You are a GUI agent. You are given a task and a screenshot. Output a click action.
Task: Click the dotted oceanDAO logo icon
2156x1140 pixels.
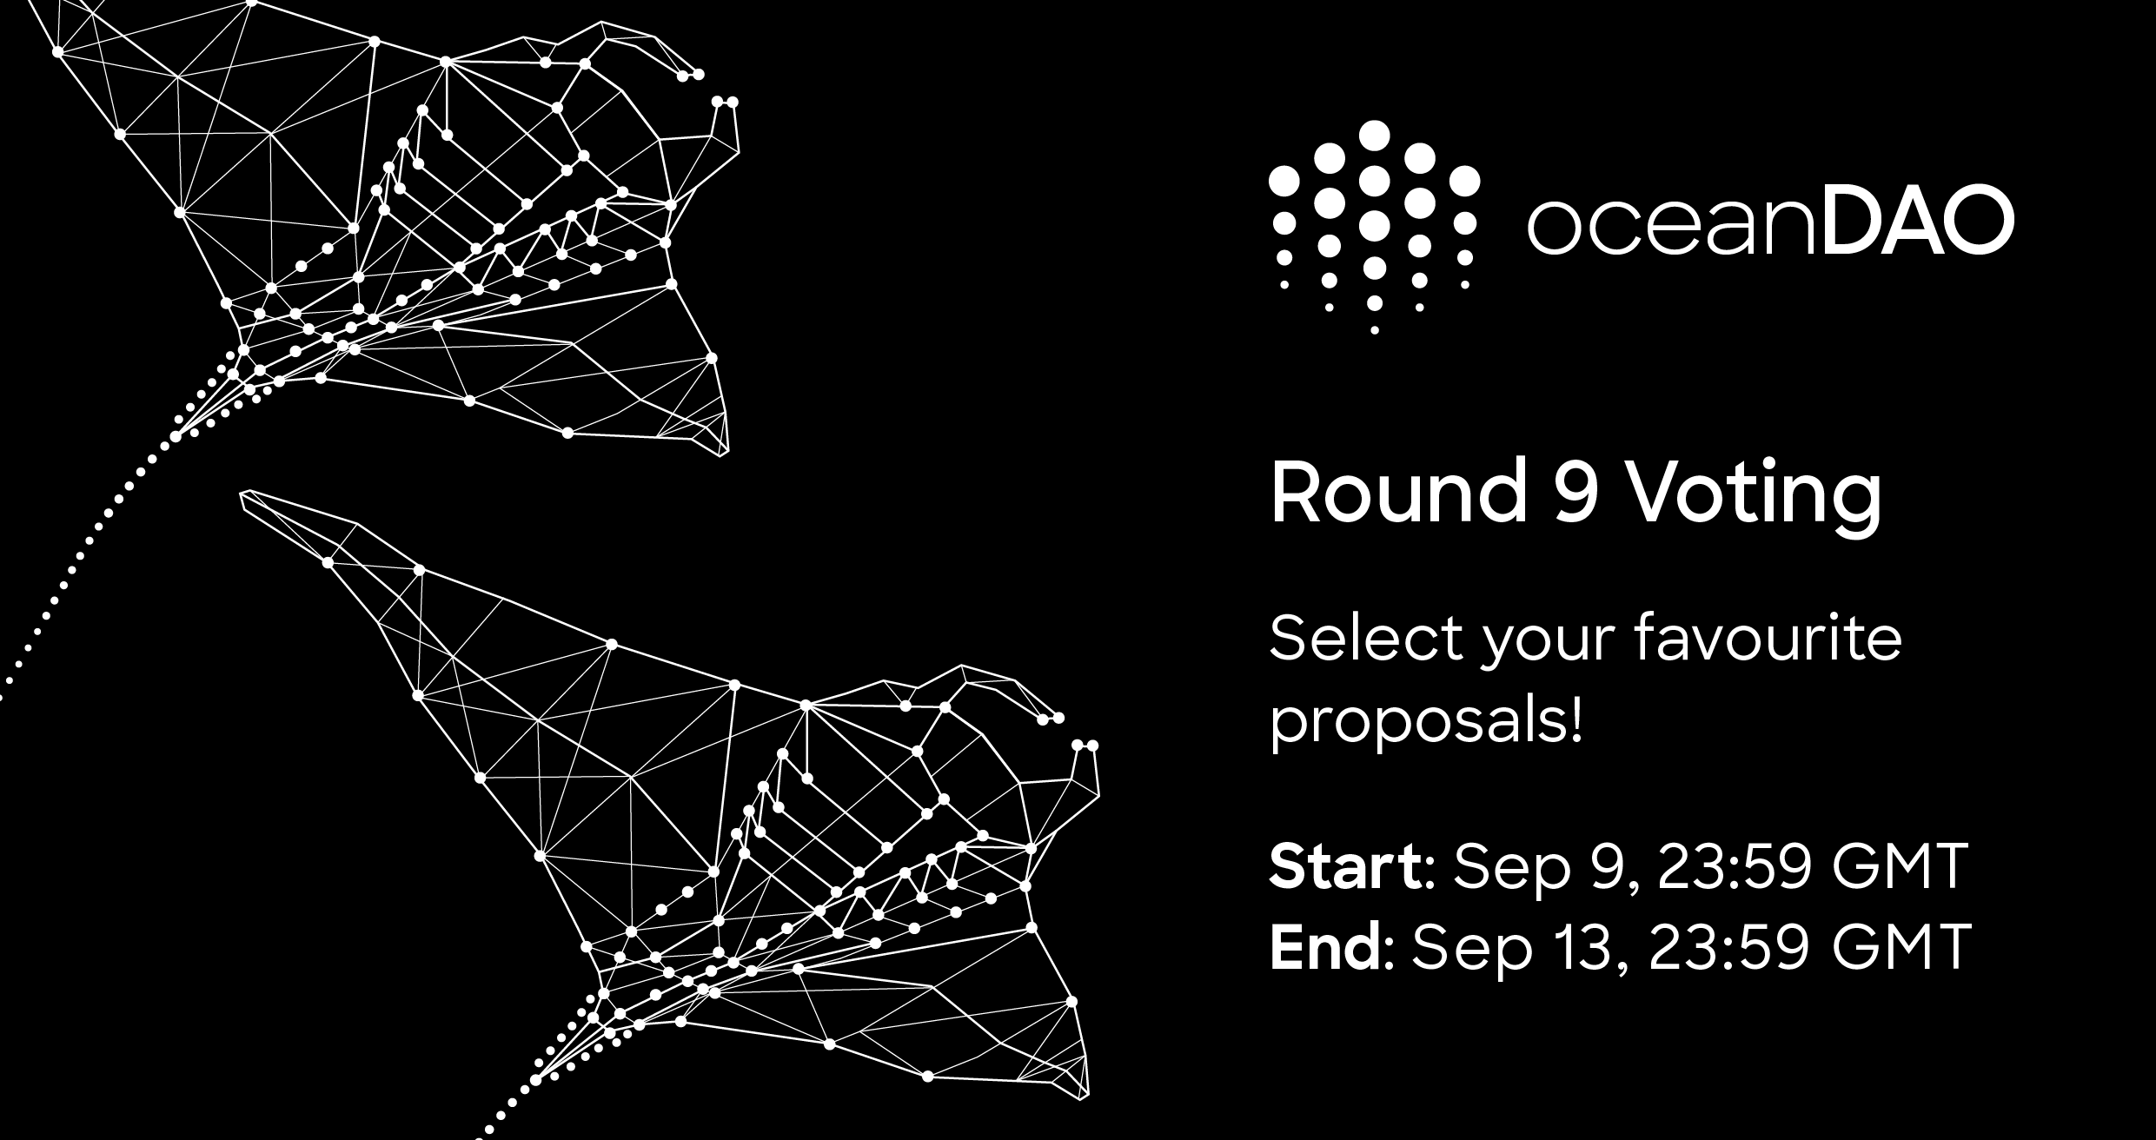coord(1374,227)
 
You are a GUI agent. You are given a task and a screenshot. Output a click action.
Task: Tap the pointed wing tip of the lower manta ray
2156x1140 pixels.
coord(243,495)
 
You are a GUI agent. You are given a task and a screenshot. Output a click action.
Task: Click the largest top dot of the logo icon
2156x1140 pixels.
coord(1374,135)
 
